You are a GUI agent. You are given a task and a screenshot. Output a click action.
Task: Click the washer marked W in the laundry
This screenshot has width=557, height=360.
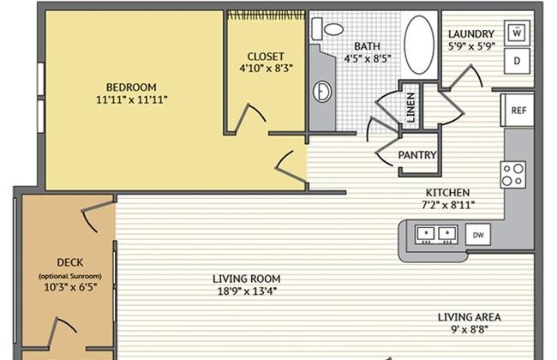517,33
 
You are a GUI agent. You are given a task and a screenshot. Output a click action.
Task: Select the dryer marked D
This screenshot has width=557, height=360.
517,61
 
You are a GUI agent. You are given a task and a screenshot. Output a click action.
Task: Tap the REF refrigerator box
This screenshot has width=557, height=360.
518,111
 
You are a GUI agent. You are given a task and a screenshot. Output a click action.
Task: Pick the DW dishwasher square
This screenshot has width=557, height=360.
478,235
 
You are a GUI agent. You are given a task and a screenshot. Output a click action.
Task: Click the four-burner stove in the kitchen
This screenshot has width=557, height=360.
513,175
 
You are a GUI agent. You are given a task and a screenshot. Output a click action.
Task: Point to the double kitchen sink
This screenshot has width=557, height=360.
436,235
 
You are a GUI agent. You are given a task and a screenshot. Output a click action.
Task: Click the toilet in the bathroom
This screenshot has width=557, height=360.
327,29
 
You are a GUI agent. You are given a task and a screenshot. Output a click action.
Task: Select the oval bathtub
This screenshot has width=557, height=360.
419,45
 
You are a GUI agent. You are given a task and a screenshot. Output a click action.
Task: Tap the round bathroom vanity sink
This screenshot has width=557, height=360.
322,92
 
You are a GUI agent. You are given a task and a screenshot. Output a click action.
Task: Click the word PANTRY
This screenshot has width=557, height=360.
417,155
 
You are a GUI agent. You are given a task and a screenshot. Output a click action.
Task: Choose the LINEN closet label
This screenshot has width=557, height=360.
410,108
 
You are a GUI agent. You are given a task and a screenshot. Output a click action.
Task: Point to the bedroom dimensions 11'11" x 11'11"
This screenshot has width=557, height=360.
131,100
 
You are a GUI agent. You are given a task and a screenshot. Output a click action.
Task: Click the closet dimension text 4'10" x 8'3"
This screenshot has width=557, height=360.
266,69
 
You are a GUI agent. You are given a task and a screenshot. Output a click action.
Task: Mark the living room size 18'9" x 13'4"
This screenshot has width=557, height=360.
247,291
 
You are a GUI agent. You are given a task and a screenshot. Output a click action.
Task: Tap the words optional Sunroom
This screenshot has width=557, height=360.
70,276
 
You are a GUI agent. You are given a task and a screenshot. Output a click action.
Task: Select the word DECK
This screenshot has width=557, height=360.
70,262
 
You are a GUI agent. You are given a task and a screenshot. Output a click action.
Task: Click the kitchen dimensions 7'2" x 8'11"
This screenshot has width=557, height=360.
448,205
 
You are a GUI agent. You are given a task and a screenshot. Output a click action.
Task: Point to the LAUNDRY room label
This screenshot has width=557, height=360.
471,34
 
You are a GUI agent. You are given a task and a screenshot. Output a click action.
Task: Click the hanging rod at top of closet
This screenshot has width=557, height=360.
266,15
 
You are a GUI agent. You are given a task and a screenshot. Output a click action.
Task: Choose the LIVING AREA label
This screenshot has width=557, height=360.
470,317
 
